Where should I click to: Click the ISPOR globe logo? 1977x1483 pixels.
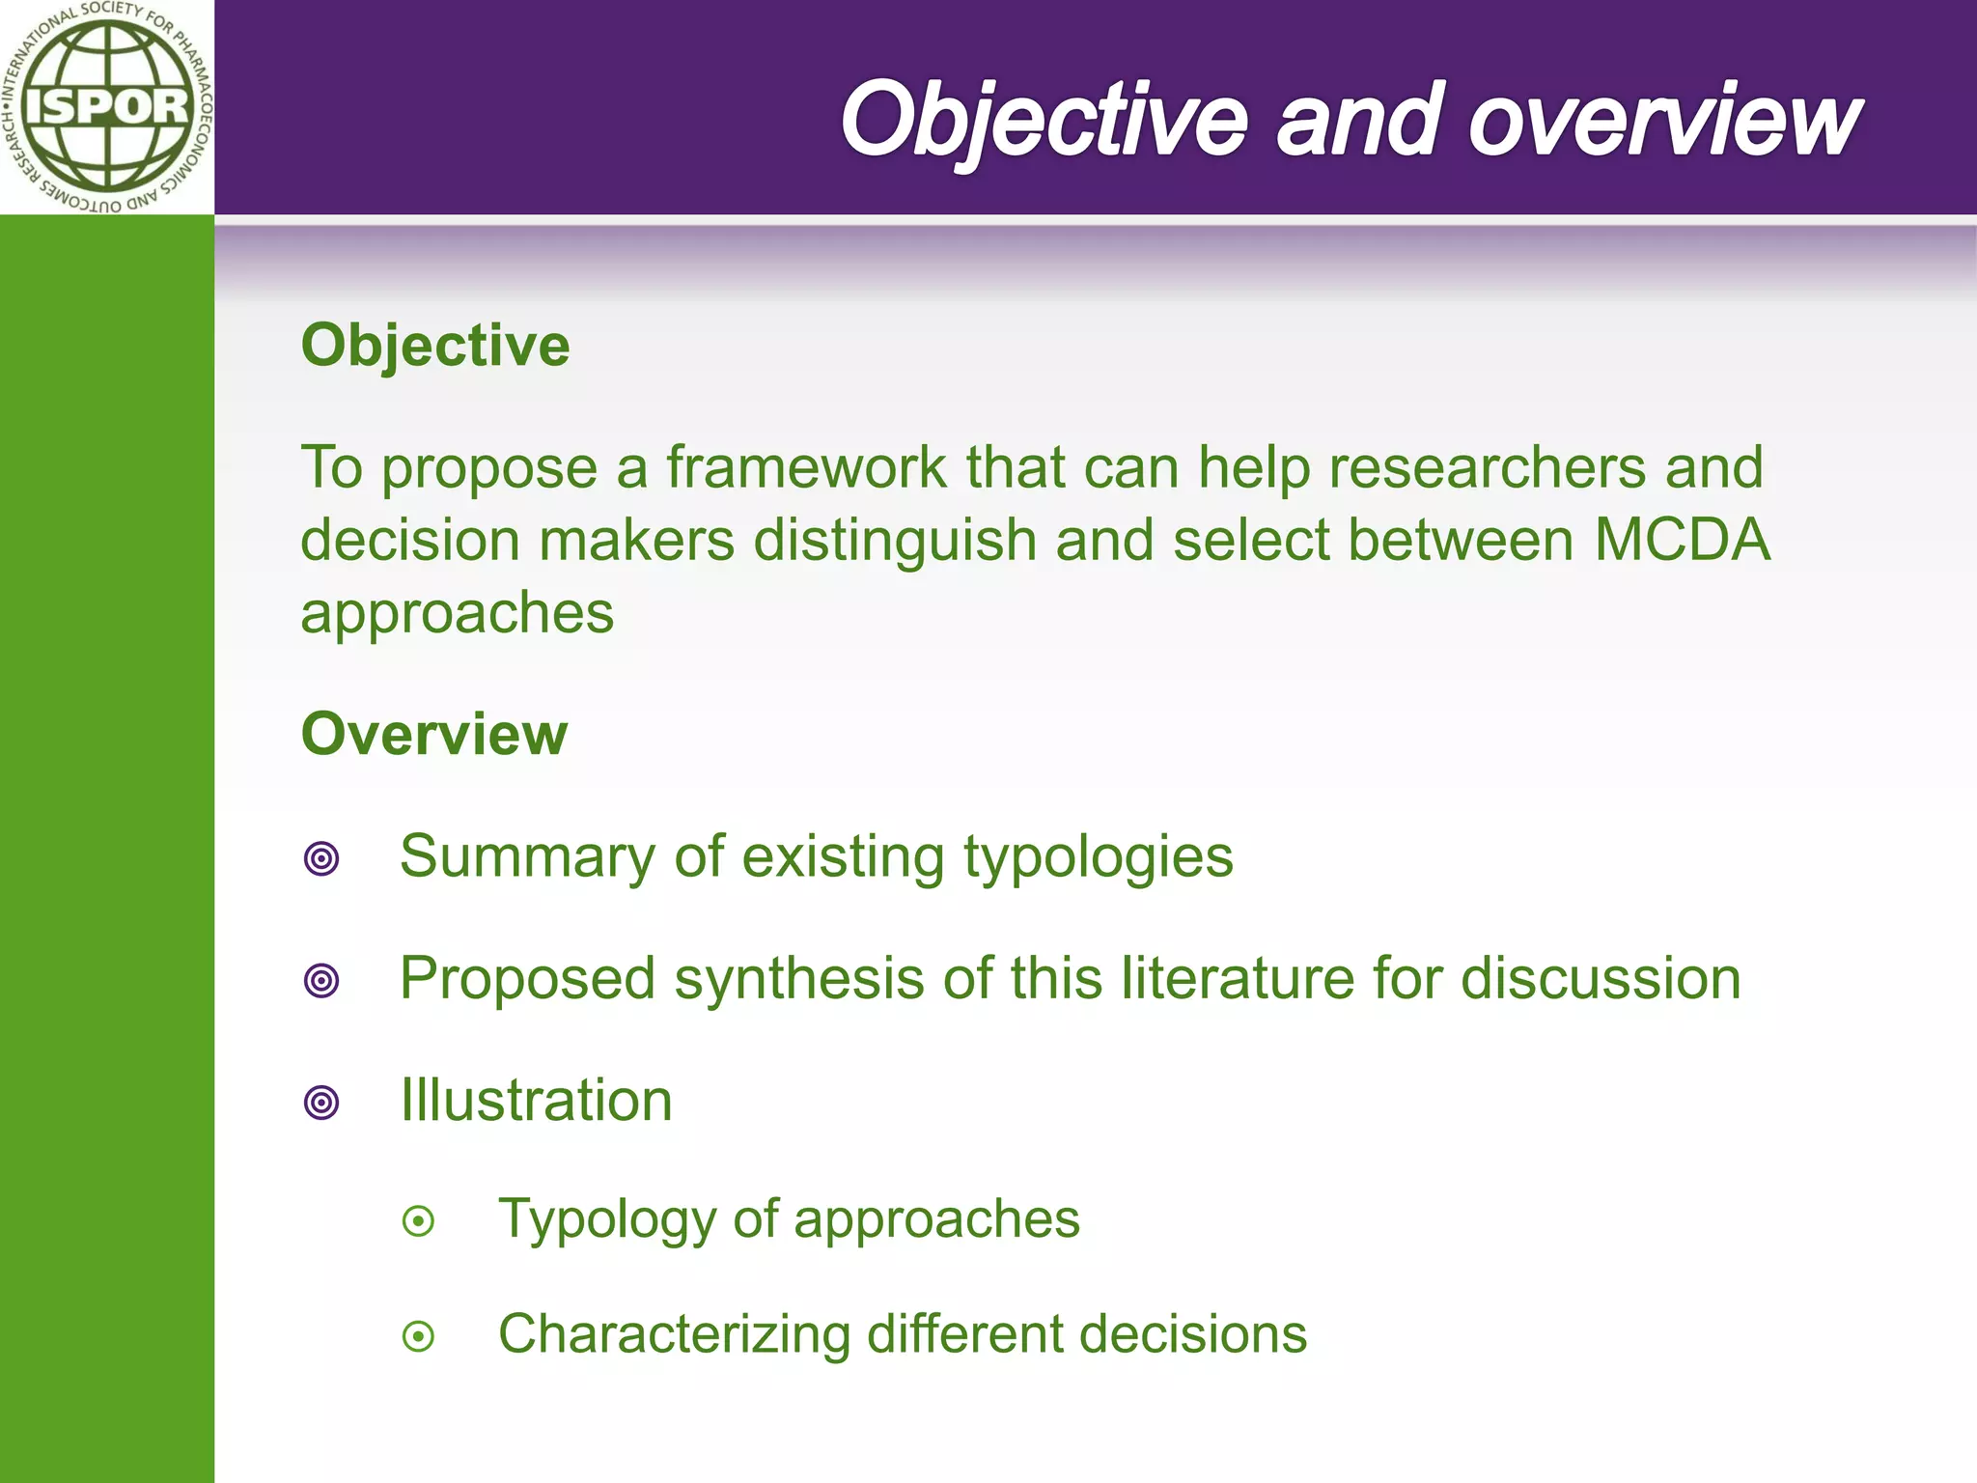106,106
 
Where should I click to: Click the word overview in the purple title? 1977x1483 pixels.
1664,120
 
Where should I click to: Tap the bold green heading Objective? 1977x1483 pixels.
435,346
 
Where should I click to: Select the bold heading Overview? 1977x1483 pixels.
434,734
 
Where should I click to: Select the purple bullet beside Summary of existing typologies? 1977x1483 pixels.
321,858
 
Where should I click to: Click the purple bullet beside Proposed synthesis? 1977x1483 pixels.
321,980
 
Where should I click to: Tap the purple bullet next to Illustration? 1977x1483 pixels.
321,1102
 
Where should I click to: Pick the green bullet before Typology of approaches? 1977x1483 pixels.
418,1221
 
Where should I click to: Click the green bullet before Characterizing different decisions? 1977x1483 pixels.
418,1336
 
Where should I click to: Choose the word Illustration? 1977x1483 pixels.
536,1100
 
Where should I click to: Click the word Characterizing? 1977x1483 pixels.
674,1334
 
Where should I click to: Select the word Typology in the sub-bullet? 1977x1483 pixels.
606,1220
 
